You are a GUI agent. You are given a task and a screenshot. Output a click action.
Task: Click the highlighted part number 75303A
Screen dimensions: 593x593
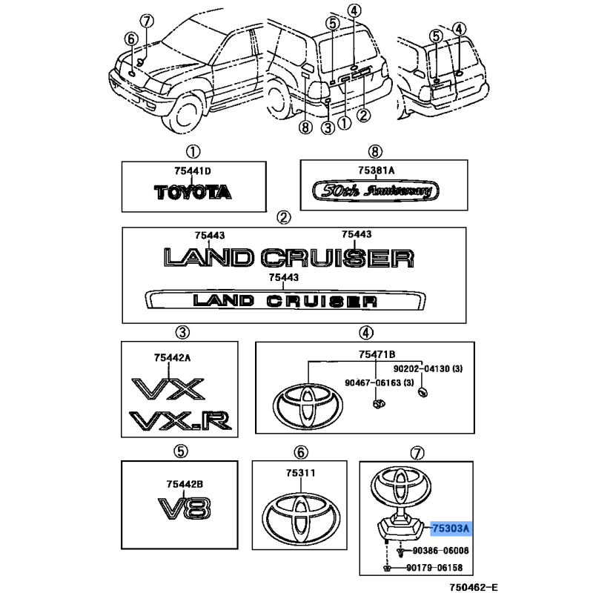point(451,529)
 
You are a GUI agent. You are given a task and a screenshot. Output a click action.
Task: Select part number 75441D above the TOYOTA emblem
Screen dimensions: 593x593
point(193,172)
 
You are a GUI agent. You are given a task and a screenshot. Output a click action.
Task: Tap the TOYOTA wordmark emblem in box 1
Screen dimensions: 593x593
point(193,192)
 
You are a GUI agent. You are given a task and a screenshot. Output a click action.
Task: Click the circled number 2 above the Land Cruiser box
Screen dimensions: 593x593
point(283,217)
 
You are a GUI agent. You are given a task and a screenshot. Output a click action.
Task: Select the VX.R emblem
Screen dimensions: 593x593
point(182,421)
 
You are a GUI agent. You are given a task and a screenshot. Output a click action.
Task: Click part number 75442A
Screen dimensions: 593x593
point(172,357)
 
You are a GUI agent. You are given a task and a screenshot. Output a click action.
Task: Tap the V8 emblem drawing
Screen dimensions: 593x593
point(184,508)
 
